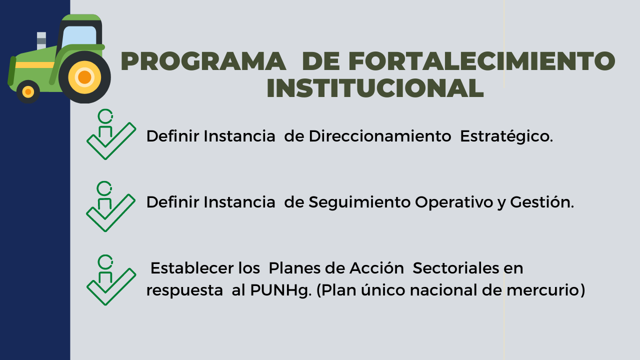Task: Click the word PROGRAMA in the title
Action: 203,61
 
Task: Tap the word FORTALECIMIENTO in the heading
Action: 481,61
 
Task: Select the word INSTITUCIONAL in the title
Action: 375,88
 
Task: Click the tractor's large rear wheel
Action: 84,77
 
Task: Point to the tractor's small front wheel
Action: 28,91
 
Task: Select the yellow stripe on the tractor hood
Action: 35,65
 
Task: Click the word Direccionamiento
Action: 380,136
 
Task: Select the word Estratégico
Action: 506,137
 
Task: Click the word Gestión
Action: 542,202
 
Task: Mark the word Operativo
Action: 454,203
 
